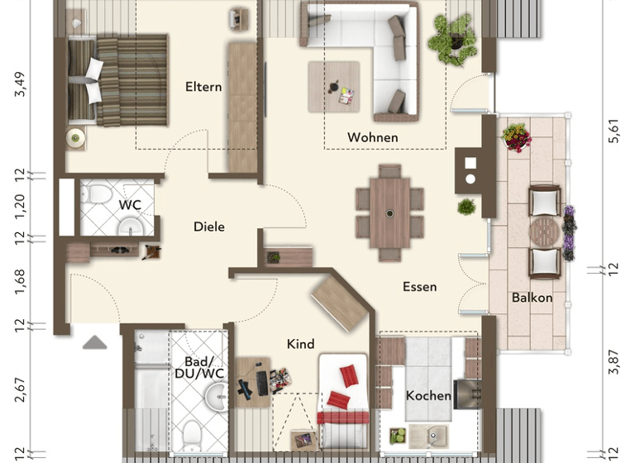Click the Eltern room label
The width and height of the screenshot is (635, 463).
pyautogui.click(x=203, y=87)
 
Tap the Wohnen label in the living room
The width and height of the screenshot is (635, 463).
pyautogui.click(x=372, y=137)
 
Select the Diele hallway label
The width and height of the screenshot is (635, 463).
pyautogui.click(x=209, y=227)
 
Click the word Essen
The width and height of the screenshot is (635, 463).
pyautogui.click(x=419, y=287)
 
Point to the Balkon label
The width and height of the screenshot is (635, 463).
pyautogui.click(x=532, y=298)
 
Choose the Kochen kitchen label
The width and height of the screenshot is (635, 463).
pyautogui.click(x=428, y=396)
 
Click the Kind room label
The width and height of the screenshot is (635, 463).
pyautogui.click(x=300, y=343)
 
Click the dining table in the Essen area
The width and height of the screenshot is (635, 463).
pyautogui.click(x=389, y=211)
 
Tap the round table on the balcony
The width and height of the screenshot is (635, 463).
pyautogui.click(x=544, y=229)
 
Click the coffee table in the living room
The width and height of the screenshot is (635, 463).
pyautogui.click(x=335, y=86)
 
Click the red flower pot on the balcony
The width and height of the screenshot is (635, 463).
pyautogui.click(x=517, y=137)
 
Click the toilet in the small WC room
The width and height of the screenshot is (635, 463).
pyautogui.click(x=98, y=195)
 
